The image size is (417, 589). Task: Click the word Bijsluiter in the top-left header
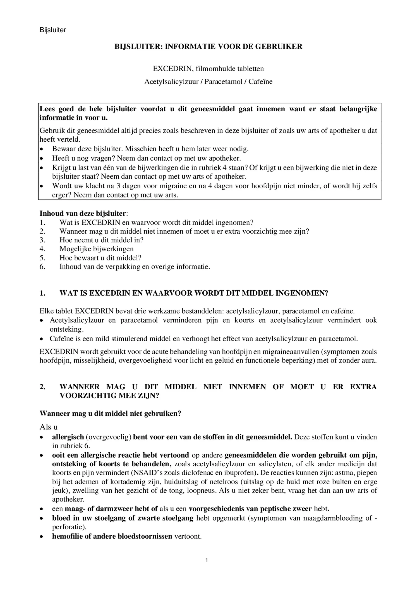(53, 30)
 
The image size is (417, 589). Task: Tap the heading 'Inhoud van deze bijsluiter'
(83, 214)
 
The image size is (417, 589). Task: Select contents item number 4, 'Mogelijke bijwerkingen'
(96, 249)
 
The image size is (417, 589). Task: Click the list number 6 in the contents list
(42, 267)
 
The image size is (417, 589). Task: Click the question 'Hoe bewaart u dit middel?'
(100, 258)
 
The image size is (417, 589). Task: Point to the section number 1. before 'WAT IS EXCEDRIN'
(42, 293)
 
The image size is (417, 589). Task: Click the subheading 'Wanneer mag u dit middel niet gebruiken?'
(110, 414)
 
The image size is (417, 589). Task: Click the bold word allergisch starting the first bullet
(68, 437)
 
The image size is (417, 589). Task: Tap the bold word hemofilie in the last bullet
(67, 536)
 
